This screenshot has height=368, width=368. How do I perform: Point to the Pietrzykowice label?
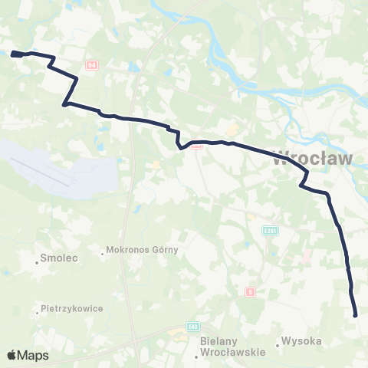(x=73, y=309)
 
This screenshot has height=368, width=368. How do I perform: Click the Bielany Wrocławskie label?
(x=232, y=347)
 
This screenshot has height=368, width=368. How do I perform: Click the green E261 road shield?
(x=269, y=229)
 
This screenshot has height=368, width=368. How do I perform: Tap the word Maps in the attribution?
(x=33, y=355)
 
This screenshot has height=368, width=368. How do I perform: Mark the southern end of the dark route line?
(x=355, y=314)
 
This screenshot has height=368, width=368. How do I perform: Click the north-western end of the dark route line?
(x=14, y=54)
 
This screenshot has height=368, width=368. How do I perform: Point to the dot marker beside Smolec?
(x=37, y=261)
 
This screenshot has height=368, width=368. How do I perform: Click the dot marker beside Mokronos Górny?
(x=103, y=251)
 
